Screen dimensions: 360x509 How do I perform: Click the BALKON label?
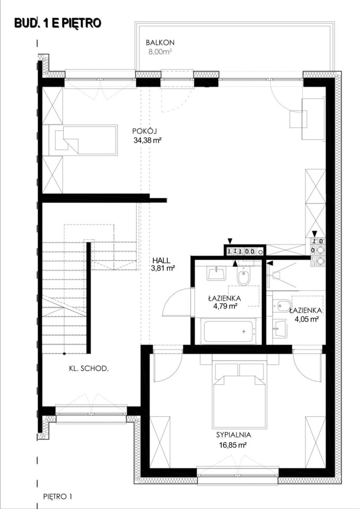point(160,42)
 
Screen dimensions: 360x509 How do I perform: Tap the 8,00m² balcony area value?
point(160,52)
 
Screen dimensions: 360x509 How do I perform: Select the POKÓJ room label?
point(145,131)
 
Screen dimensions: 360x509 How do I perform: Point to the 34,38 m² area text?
point(147,141)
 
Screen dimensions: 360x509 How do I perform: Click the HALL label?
point(161,260)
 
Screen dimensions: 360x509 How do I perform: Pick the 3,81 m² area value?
point(163,268)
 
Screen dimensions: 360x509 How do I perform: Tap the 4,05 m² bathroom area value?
point(306,319)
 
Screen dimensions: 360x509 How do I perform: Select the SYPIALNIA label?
point(234,435)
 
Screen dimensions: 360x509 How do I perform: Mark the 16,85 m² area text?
point(232,445)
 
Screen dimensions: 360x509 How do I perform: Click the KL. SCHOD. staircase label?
point(89,368)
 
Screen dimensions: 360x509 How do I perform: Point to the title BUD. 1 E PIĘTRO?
point(58,23)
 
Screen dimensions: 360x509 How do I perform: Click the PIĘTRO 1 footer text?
point(57,496)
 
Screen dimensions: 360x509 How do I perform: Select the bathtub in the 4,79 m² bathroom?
point(228,331)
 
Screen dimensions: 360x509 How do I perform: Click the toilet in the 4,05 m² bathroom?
point(281,305)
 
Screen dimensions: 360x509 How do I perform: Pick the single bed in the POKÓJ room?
point(82,140)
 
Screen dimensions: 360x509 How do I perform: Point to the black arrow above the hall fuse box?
point(230,241)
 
